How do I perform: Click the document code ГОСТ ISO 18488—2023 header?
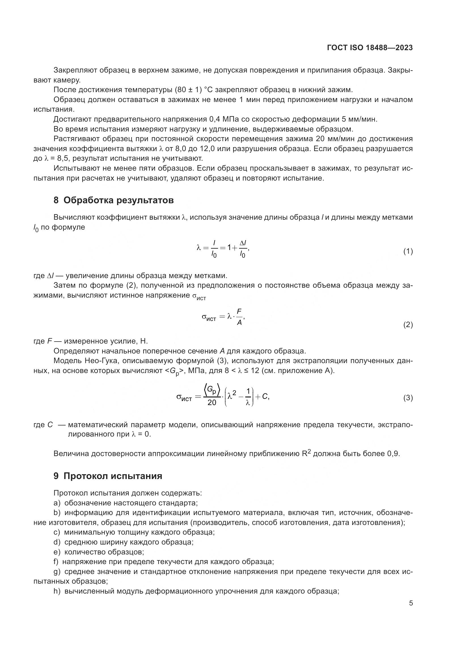coord(370,48)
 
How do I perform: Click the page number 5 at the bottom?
coord(411,603)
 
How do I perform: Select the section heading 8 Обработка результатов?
coord(113,200)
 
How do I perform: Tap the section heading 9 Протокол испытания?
coord(108,476)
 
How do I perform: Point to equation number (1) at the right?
coord(408,251)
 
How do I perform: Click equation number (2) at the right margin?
coord(408,325)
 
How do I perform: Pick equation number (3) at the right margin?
coord(408,398)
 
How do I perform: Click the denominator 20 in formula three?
coord(212,403)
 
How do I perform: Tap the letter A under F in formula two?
coord(239,323)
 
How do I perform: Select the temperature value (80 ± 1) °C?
coord(193,90)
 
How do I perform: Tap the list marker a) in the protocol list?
coord(57,503)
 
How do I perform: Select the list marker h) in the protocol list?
coord(57,591)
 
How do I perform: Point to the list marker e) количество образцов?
coord(57,552)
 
